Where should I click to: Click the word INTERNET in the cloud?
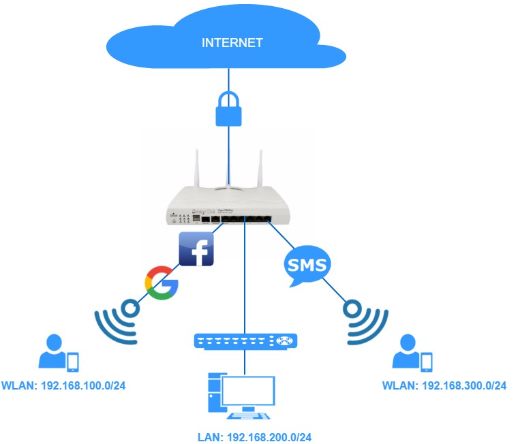point(232,42)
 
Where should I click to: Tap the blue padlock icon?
point(229,109)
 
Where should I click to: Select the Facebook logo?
point(196,249)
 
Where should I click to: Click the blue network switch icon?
point(246,340)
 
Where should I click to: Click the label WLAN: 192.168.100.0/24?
point(63,386)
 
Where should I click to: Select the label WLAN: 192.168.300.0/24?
point(444,386)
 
